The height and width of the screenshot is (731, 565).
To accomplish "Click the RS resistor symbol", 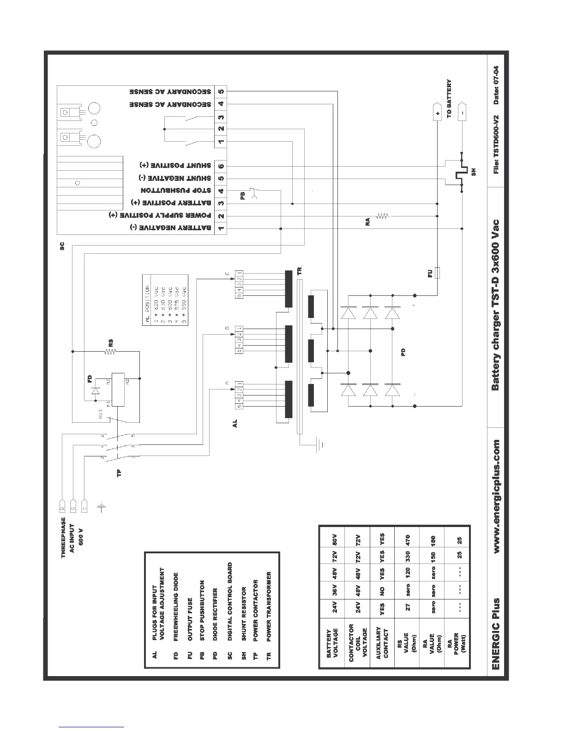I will (x=110, y=352).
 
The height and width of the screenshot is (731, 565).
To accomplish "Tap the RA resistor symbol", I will (x=383, y=216).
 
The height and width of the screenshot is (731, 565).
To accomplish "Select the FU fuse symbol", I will (x=438, y=273).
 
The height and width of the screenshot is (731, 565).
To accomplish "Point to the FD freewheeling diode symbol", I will (x=96, y=391).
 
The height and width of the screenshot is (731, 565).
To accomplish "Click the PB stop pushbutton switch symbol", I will (x=253, y=193).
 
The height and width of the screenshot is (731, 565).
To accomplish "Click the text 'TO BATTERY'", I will (x=449, y=99).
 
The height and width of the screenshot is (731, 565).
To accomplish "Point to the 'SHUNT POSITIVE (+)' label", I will (x=175, y=166).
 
